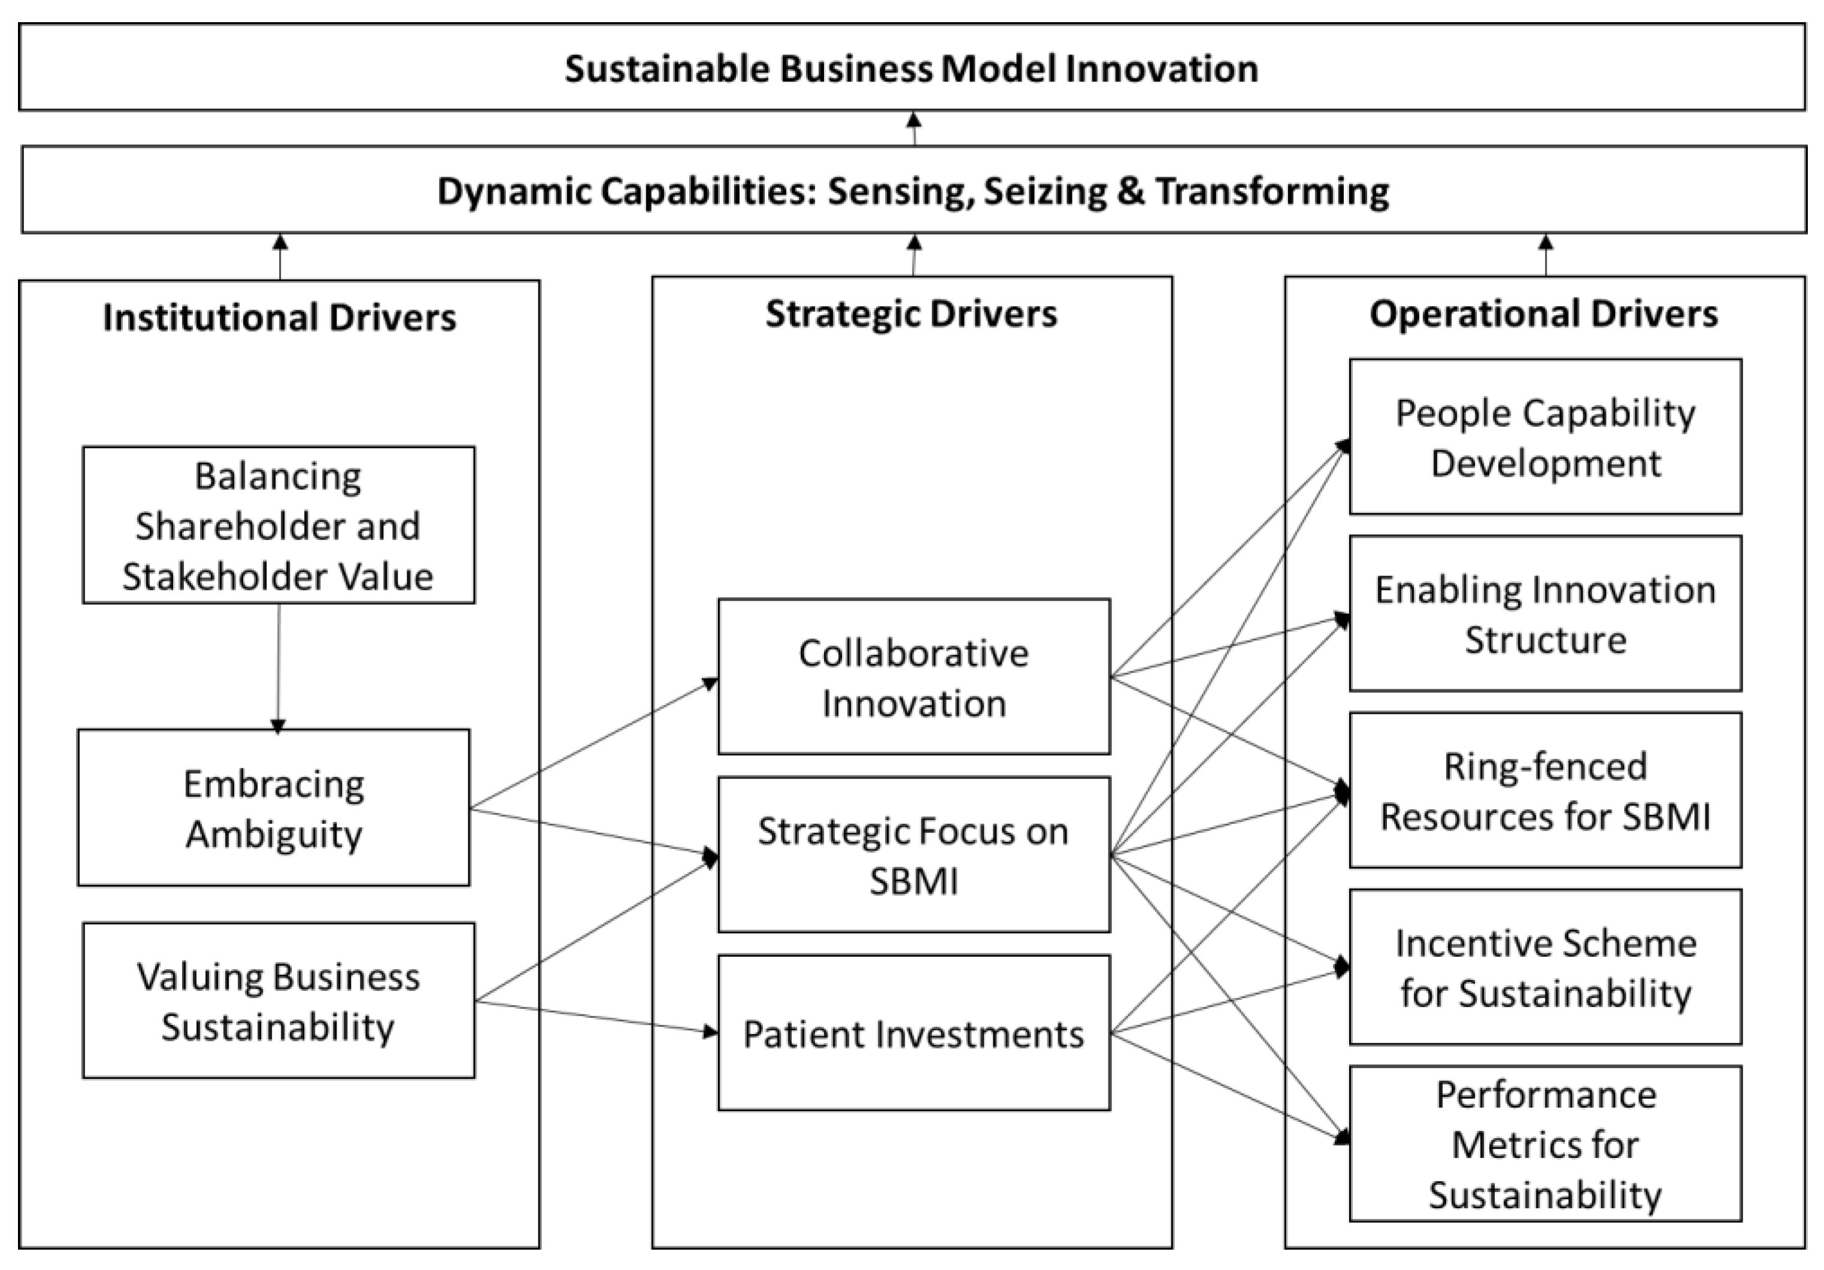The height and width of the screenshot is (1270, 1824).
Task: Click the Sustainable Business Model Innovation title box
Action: point(911,68)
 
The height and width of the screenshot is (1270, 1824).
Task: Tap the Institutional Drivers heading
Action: point(279,317)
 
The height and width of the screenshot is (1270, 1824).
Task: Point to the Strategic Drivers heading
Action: point(911,314)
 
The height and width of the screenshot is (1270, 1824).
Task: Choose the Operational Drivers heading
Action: point(1544,314)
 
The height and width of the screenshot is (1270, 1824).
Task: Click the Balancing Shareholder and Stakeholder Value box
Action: point(278,525)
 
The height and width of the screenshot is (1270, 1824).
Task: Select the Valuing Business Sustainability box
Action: point(278,1001)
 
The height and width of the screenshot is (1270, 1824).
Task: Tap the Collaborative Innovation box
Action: point(914,677)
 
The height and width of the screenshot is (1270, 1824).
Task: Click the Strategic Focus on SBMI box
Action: point(914,854)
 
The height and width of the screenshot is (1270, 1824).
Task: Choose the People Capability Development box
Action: point(1545,437)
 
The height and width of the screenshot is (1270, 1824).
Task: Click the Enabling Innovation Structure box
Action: point(1545,614)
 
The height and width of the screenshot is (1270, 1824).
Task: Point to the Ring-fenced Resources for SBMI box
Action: point(1545,790)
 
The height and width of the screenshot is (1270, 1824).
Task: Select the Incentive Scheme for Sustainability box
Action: point(1545,968)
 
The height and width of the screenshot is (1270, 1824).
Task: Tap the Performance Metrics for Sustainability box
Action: point(1545,1144)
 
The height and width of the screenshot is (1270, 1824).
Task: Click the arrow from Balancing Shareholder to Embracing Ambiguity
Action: point(278,667)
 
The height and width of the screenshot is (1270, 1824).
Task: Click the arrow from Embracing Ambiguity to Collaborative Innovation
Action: point(594,744)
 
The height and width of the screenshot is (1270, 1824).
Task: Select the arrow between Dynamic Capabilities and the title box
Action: point(914,129)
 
